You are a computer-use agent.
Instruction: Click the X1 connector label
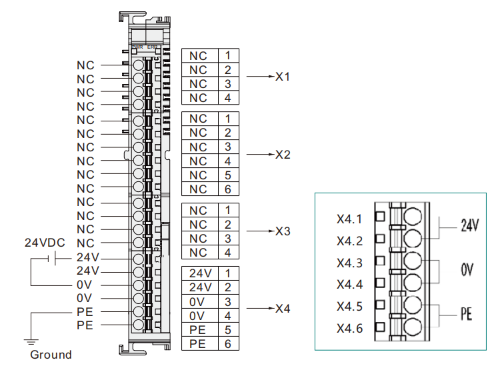283,77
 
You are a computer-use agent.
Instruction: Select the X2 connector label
283,155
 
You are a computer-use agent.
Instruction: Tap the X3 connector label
283,231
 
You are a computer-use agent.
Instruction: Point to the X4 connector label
283,309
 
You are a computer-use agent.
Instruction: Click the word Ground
51,355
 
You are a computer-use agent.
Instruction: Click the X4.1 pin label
350,219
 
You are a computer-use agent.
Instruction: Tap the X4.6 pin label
350,329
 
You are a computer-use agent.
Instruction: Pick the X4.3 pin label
350,263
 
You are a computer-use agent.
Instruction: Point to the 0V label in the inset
467,270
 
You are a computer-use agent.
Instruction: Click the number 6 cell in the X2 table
227,189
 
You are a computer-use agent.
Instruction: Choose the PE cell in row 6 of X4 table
198,344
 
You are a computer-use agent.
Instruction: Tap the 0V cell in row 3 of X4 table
198,301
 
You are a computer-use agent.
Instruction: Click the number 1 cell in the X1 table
227,55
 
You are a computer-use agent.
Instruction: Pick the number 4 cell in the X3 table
227,253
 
